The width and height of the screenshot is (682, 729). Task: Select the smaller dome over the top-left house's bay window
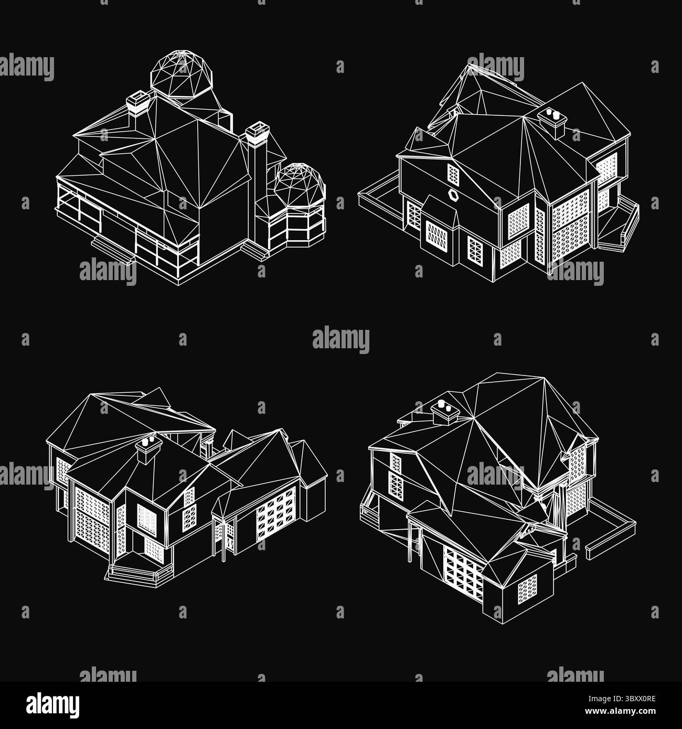[x=300, y=183]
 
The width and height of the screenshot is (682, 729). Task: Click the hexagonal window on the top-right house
[x=454, y=195]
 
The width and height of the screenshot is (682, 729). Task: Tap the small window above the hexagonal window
[x=453, y=173]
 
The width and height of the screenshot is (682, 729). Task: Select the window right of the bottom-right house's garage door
[x=527, y=589]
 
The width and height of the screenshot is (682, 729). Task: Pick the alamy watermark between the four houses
[x=341, y=341]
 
